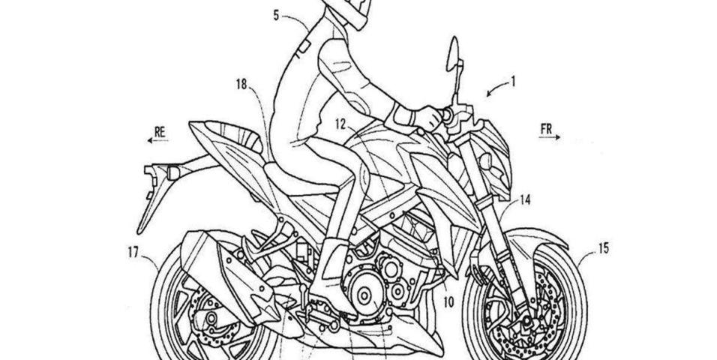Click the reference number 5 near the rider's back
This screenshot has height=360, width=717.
(276, 16)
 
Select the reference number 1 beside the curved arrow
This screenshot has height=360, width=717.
(513, 82)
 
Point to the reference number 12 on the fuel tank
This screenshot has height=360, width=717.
(340, 124)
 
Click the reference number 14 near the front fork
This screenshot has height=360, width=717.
(525, 200)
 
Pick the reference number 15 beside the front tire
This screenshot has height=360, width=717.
(603, 248)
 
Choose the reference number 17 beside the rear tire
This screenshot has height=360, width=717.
(133, 253)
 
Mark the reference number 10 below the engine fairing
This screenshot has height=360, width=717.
(448, 302)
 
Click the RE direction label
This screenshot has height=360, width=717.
(159, 132)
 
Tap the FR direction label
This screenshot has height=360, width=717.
(547, 129)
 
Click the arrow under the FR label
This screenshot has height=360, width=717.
(550, 136)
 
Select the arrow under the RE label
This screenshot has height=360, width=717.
(157, 140)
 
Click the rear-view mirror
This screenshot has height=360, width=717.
(453, 55)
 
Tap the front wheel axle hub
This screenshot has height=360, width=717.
(526, 322)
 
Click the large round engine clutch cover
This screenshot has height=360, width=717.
(364, 295)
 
